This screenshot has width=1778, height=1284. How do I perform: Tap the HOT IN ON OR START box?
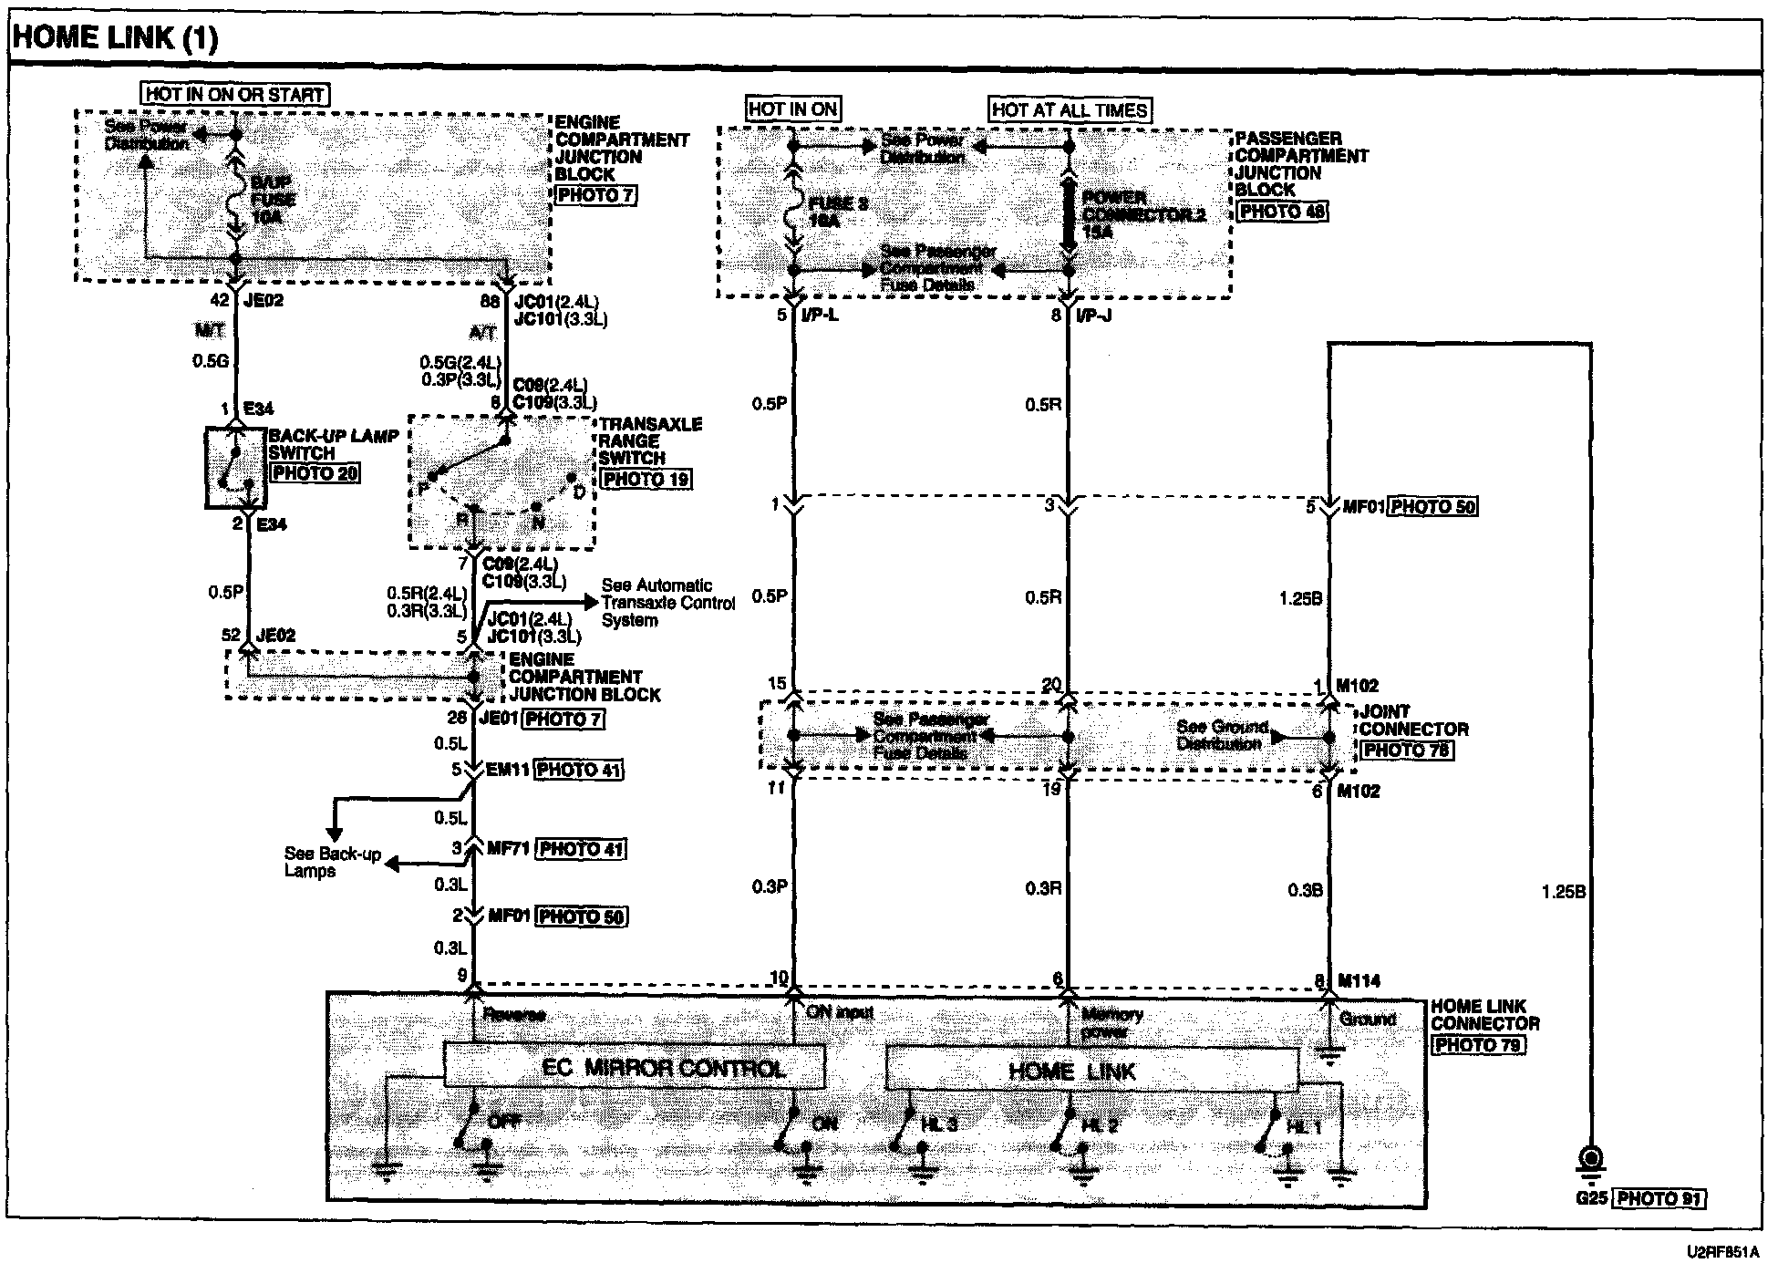(235, 94)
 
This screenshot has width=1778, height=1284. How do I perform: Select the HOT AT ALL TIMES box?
(1070, 110)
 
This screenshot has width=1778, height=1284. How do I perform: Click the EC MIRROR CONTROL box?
(635, 1067)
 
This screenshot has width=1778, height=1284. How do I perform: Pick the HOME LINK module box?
(1091, 1070)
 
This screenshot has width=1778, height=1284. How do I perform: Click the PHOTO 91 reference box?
(1659, 1198)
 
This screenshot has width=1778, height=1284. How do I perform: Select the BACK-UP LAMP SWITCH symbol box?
(236, 467)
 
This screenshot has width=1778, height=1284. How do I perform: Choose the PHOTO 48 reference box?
(1281, 212)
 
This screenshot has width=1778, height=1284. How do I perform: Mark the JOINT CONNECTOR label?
(1413, 720)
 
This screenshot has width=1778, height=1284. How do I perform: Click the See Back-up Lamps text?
(332, 862)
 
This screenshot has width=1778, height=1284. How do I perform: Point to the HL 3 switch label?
(938, 1125)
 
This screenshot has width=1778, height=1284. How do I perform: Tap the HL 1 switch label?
(1302, 1127)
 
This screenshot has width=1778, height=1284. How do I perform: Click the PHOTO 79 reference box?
(1478, 1045)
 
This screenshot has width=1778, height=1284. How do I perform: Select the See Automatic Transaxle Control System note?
(667, 603)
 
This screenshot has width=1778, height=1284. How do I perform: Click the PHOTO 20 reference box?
(315, 473)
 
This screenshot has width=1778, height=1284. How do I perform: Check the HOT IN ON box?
(792, 109)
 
